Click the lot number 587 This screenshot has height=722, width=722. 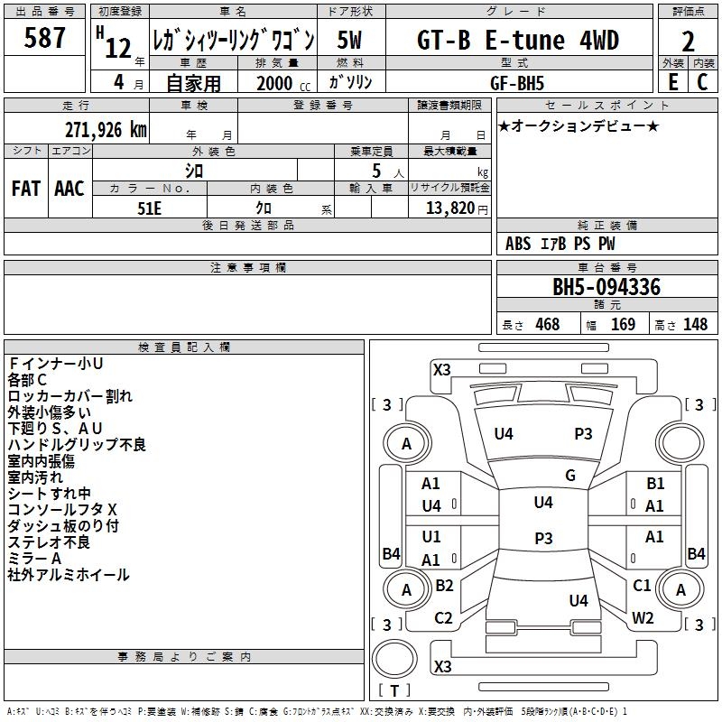pos(45,38)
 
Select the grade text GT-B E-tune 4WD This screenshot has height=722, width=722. pos(519,41)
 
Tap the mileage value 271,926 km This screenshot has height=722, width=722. pos(106,129)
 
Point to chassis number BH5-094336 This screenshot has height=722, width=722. pos(606,287)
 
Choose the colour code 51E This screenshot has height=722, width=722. pos(150,207)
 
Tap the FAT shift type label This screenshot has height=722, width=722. pos(26,188)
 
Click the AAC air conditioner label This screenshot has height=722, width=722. pos(69,188)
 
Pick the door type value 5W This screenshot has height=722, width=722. pos(351,41)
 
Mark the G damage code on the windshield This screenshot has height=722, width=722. pos(570,476)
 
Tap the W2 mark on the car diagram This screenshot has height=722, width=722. pos(643,618)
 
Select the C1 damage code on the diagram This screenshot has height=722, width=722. pos(642,586)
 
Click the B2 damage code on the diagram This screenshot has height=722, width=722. pos(444,586)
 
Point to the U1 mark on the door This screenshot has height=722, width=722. pos(431,537)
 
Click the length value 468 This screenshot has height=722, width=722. pos(547,325)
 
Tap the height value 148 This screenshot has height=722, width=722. pos(695,325)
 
